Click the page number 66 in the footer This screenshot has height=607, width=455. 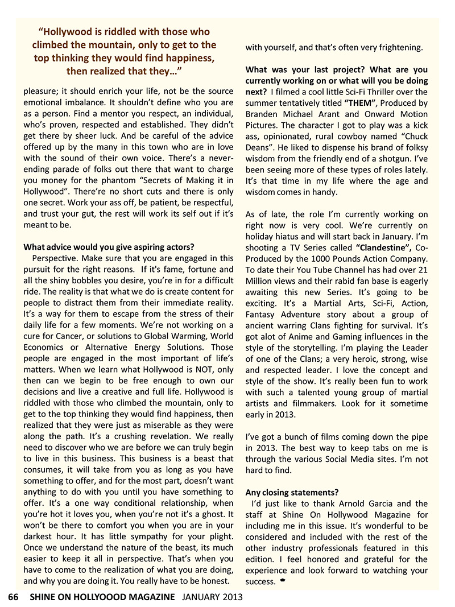[x=14, y=597]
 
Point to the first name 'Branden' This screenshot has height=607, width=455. [x=264, y=114]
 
